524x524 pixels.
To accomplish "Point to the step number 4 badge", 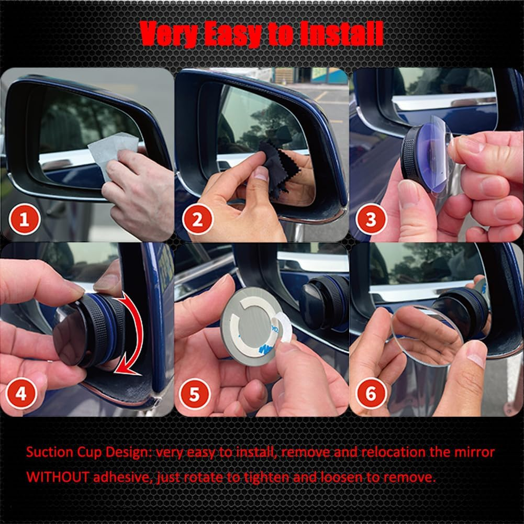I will pyautogui.click(x=21, y=393).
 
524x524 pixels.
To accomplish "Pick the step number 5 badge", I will pyautogui.click(x=195, y=393).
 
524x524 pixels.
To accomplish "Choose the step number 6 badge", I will pyautogui.click(x=371, y=393).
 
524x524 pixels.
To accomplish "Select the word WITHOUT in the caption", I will pyautogui.click(x=57, y=477).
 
